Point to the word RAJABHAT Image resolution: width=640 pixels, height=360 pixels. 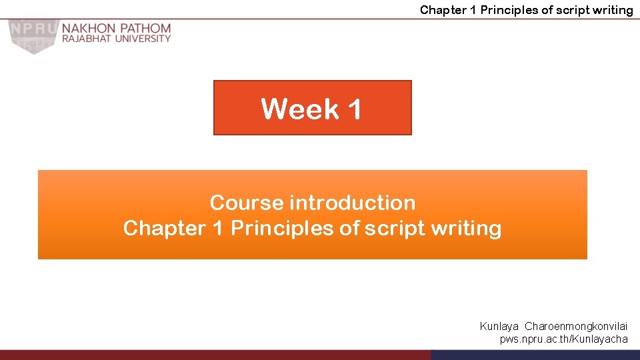click(x=85, y=39)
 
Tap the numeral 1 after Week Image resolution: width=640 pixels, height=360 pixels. click(x=353, y=109)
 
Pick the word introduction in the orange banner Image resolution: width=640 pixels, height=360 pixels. click(x=351, y=202)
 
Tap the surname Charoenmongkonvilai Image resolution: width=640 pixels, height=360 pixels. click(x=576, y=327)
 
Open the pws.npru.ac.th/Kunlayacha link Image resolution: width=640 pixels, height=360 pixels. click(x=564, y=339)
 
